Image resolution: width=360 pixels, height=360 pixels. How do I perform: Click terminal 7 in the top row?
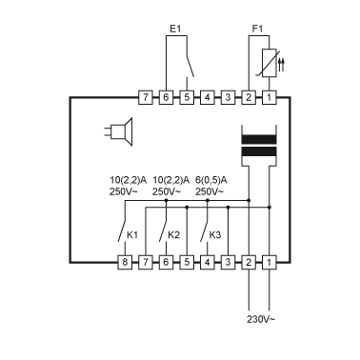(146, 97)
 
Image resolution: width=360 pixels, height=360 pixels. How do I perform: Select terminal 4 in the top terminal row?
(207, 97)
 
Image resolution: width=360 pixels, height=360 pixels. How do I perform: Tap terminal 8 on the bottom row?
(125, 262)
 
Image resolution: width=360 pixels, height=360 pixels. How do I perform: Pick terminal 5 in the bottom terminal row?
(187, 262)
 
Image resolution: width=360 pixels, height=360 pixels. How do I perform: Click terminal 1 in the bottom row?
(270, 262)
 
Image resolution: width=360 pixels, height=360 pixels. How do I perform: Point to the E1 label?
(175, 30)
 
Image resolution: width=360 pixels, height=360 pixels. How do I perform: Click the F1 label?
(257, 30)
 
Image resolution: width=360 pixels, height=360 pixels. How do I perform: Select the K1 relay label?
(132, 235)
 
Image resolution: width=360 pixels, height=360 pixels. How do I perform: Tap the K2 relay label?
(173, 235)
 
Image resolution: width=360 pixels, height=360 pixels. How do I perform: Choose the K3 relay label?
(215, 235)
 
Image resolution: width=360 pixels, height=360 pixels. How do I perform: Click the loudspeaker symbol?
(118, 132)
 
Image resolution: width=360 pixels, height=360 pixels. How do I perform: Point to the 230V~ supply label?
(261, 319)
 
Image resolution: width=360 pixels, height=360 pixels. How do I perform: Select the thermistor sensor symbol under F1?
(270, 64)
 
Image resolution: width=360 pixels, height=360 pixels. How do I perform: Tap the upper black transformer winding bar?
(259, 140)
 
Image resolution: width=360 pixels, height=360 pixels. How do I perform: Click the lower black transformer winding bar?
(259, 151)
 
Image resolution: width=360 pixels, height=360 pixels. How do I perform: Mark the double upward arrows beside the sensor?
(281, 64)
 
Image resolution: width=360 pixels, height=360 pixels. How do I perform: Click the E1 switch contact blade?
(190, 67)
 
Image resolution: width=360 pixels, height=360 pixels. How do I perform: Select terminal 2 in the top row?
(249, 97)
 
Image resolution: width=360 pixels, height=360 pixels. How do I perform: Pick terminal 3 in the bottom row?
(228, 262)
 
